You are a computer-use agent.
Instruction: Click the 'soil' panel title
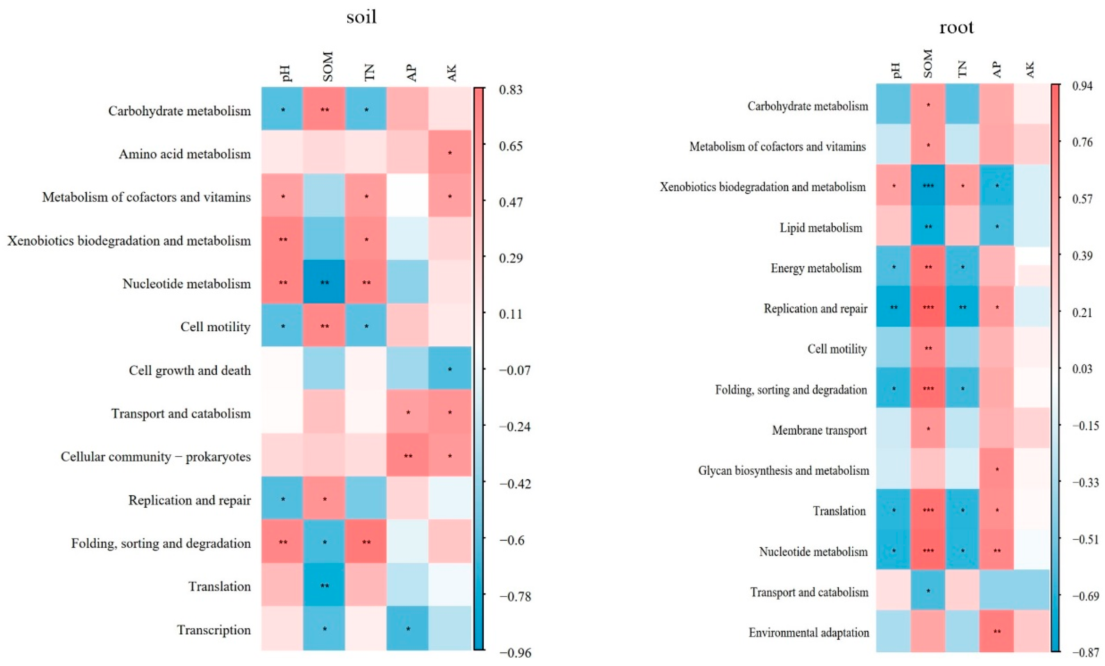pos(361,17)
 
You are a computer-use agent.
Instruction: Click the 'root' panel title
pos(956,28)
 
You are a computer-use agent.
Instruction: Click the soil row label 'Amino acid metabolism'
pos(184,154)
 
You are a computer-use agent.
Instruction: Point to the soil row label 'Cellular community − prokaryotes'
pos(155,457)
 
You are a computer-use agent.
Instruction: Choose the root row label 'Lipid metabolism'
pos(821,228)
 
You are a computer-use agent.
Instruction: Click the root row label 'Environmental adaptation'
pos(808,632)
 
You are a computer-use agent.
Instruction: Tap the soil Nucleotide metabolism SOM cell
pos(324,282)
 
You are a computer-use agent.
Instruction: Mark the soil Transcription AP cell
pos(408,628)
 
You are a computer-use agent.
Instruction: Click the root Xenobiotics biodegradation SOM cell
pos(928,185)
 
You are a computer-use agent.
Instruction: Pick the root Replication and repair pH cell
pos(893,307)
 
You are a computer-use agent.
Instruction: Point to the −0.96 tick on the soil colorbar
pos(515,653)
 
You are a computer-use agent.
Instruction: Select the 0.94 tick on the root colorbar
pos(1082,86)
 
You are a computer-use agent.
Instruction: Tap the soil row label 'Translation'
pos(219,586)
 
